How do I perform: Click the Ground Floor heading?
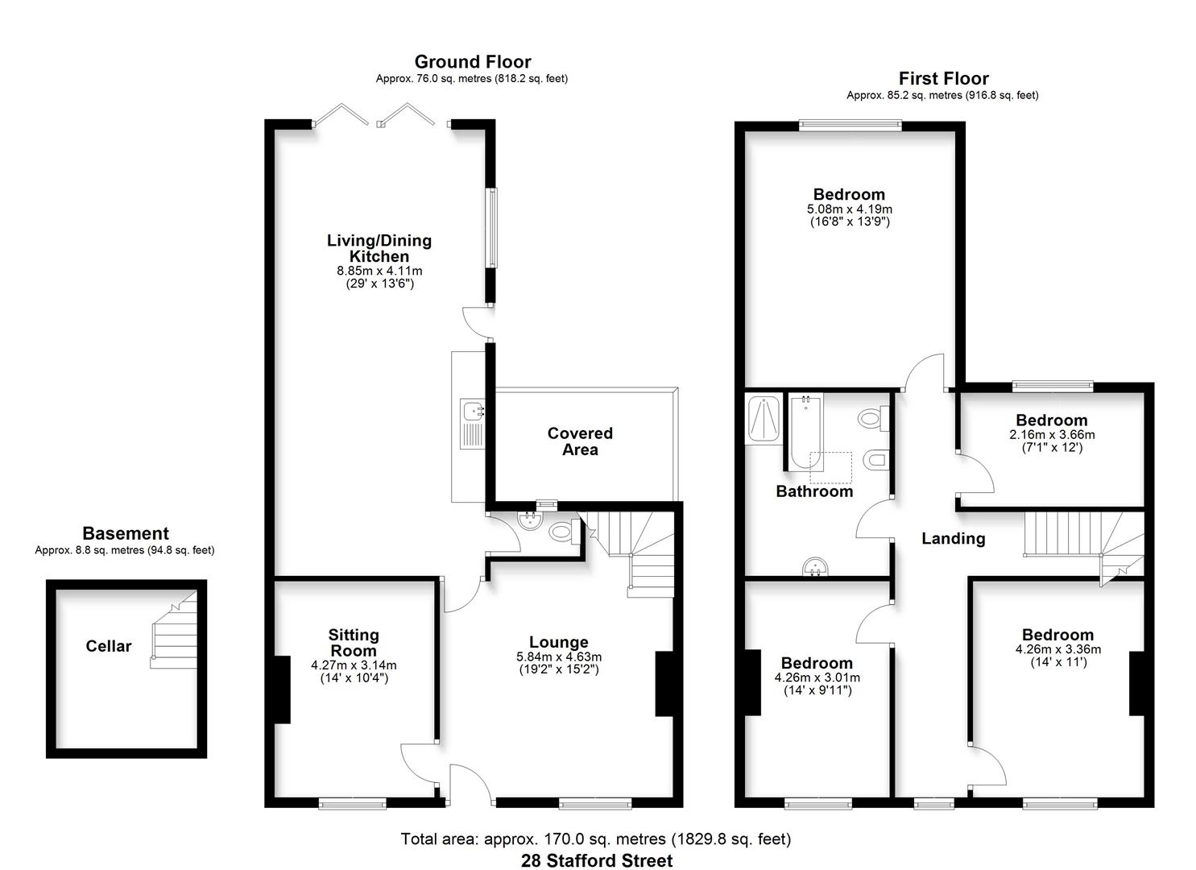(x=472, y=62)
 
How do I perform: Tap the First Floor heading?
(x=943, y=78)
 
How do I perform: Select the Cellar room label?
(x=109, y=646)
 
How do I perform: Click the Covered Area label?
(x=580, y=441)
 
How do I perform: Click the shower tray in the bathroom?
(x=763, y=418)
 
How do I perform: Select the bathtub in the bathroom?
(x=805, y=432)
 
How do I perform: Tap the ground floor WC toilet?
(x=561, y=532)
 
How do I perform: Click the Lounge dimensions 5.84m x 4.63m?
(x=558, y=657)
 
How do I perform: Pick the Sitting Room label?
(x=354, y=643)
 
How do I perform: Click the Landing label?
(x=953, y=538)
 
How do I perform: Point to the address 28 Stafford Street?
(x=597, y=860)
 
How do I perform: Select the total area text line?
(x=596, y=839)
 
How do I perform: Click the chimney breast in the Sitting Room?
(x=282, y=690)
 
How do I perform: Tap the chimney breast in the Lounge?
(x=665, y=684)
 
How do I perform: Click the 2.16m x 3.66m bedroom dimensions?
(x=1052, y=434)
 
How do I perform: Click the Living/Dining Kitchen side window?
(x=490, y=228)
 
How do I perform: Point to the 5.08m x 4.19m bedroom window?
(x=850, y=125)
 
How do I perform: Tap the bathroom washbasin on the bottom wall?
(x=817, y=567)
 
